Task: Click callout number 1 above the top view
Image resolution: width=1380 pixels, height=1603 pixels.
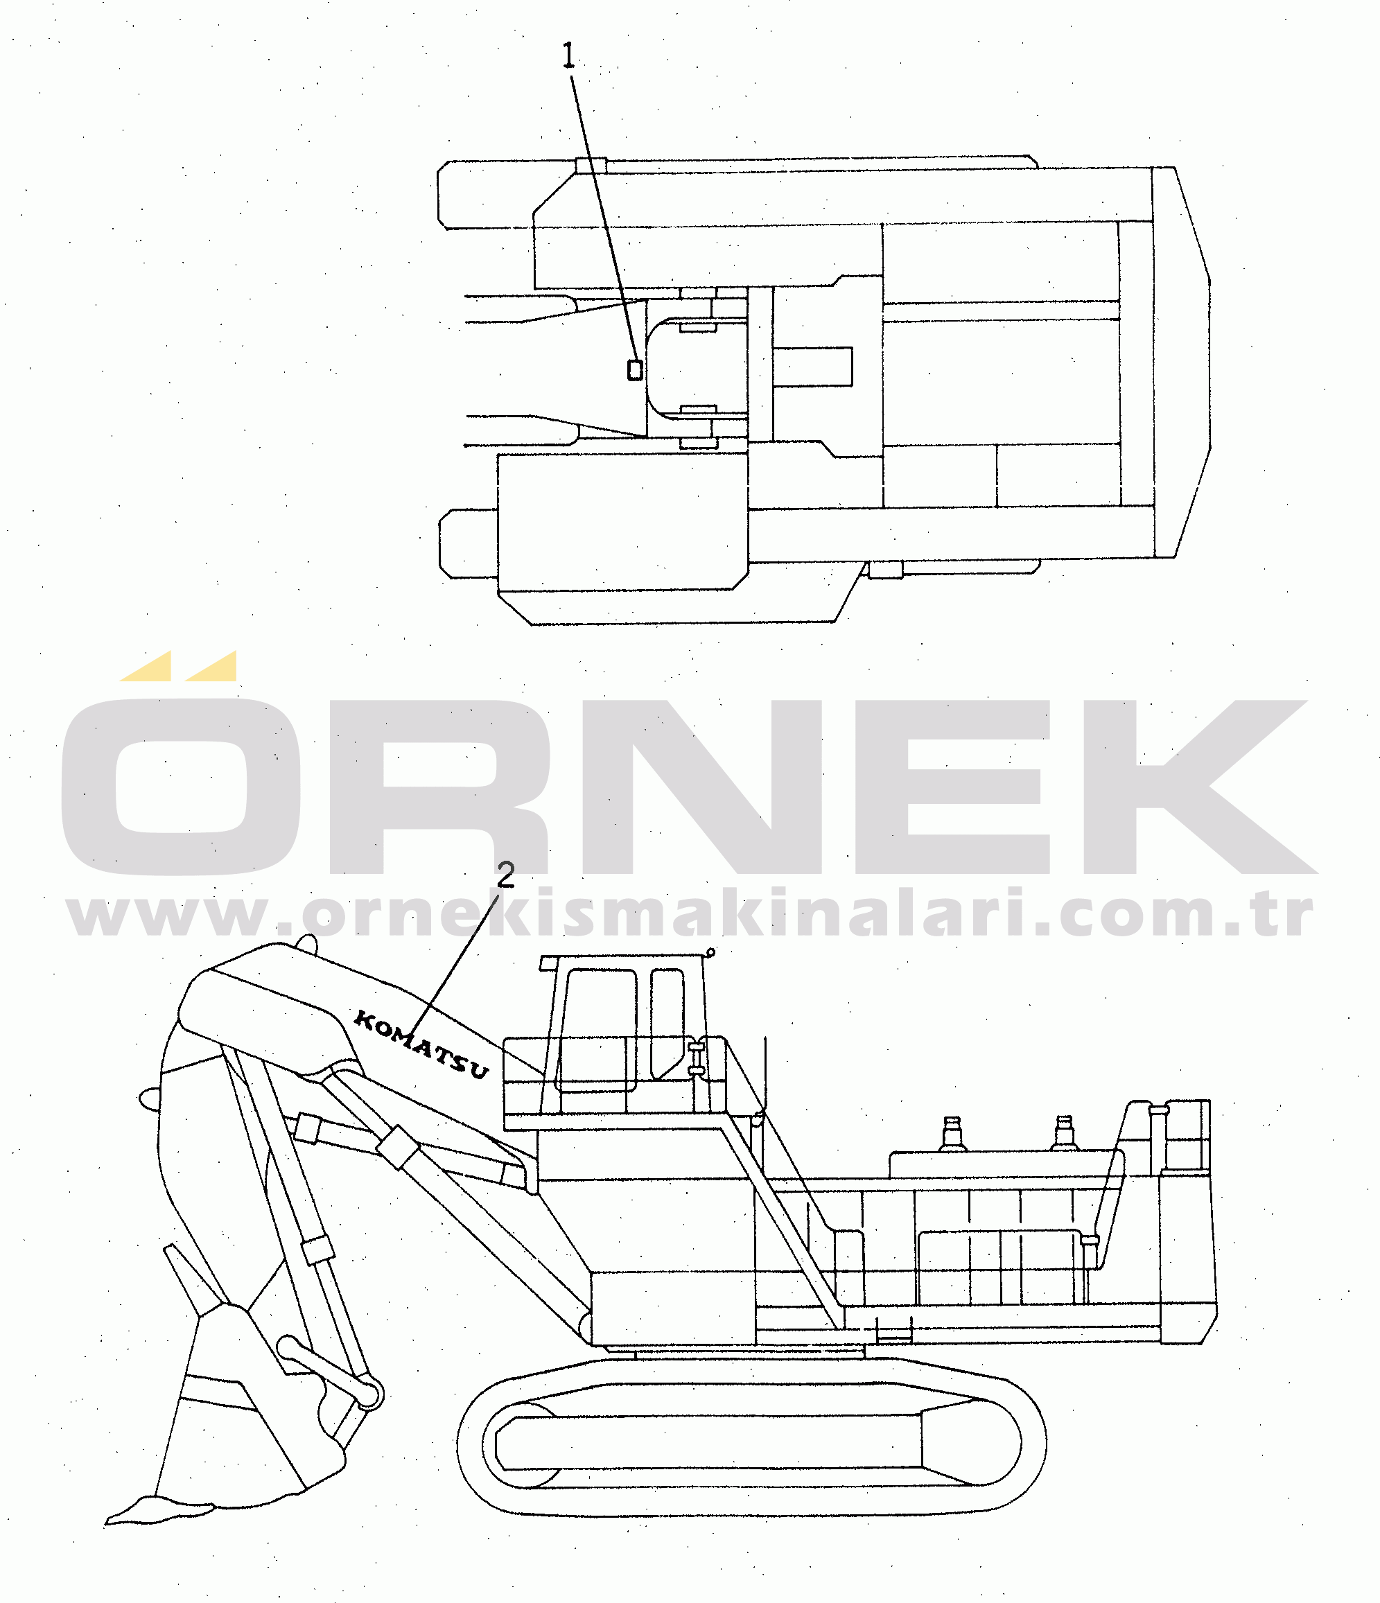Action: click(x=568, y=55)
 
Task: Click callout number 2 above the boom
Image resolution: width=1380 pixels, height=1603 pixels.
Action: click(x=505, y=875)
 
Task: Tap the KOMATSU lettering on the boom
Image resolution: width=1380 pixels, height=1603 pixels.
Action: click(x=421, y=1044)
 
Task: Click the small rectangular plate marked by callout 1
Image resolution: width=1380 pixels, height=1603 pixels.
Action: click(x=634, y=370)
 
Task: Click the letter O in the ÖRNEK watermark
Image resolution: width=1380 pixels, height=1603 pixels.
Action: click(x=180, y=786)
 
